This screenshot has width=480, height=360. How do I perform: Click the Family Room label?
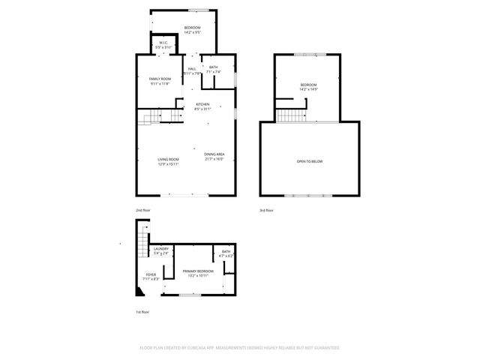point(160,79)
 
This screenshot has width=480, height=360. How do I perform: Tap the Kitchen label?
point(202,104)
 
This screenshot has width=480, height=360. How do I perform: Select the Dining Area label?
point(214,154)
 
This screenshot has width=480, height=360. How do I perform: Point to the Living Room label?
point(168,160)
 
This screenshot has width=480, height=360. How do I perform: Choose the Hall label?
point(192,68)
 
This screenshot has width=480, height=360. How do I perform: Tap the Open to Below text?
point(310,161)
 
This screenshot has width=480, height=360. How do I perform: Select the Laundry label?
point(160,249)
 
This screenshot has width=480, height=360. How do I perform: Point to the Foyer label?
point(150,275)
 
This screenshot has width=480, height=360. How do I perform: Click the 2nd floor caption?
point(142,211)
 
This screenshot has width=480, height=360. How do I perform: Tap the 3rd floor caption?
point(266,211)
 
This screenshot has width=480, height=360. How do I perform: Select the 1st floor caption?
point(142,312)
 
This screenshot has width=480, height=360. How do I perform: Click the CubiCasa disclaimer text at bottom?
point(240,348)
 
